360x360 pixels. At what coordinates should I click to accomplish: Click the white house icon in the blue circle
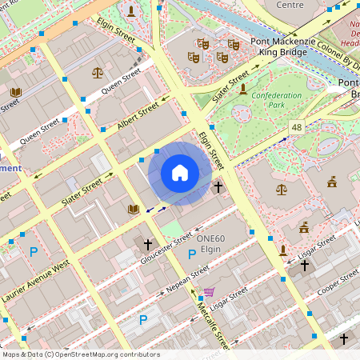180,173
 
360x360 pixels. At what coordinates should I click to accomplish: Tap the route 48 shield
297,127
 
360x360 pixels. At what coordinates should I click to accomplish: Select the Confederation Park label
277,100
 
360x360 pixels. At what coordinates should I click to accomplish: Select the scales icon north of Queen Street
98,72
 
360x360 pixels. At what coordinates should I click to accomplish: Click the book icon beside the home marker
134,209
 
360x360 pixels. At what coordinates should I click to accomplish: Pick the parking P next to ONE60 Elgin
191,254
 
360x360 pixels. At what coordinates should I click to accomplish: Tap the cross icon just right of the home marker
218,186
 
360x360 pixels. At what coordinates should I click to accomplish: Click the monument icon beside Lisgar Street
283,250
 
